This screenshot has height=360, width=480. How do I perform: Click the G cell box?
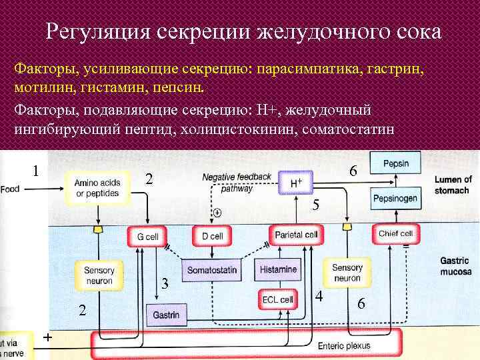point(147,236)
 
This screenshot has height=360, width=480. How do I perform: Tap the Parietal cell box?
point(296,235)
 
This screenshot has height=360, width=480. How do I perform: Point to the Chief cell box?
point(396,233)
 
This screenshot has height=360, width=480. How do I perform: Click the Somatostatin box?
point(212,271)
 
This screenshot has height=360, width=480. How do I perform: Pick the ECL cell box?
point(277,299)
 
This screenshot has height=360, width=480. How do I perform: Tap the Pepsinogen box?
point(395,198)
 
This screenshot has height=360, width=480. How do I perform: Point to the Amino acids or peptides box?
point(97,187)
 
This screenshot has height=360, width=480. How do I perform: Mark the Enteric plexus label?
point(344,346)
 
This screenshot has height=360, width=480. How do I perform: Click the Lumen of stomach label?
point(453,184)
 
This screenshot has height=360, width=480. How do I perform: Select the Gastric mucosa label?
point(456,267)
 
